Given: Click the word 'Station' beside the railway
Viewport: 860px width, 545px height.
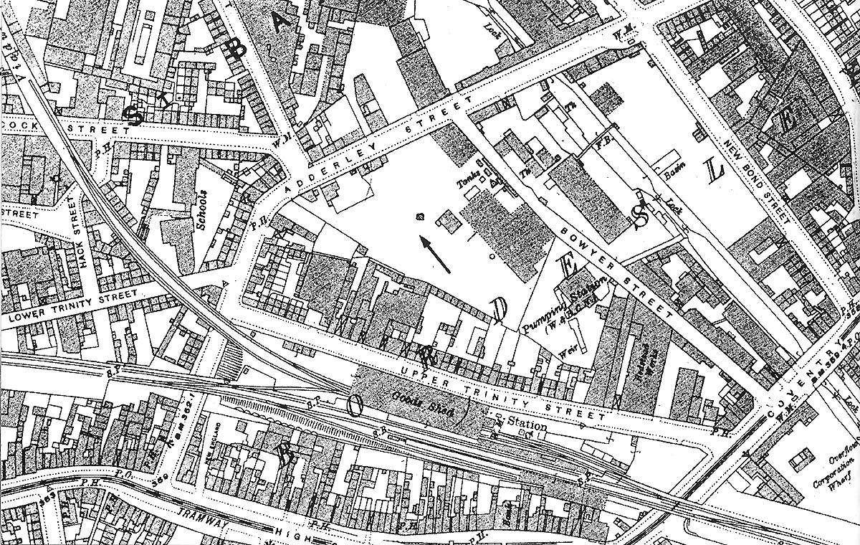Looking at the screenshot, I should [527, 426].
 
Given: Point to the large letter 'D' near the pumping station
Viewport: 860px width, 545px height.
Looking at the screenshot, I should [500, 310].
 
